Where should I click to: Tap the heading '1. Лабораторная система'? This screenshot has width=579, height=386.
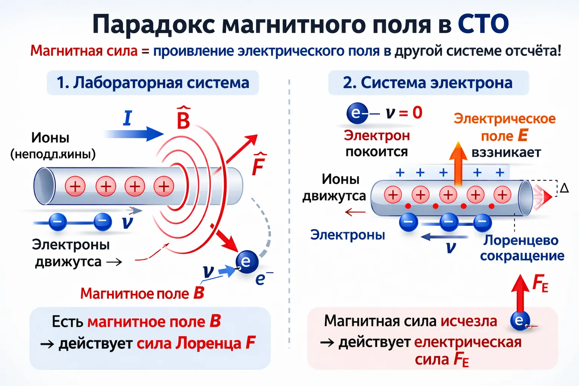tap(153, 83)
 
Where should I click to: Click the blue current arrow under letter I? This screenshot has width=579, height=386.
tap(134, 134)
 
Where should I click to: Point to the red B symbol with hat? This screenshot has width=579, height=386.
tap(183, 119)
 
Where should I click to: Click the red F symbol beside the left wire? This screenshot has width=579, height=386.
tap(259, 164)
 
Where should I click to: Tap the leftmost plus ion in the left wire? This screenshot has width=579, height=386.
tap(75, 186)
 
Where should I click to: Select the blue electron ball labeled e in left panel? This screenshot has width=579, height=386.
tap(247, 261)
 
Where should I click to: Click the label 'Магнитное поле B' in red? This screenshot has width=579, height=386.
tap(142, 293)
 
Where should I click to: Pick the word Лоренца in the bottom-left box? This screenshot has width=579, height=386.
tap(209, 343)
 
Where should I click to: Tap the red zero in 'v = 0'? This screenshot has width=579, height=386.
tap(417, 112)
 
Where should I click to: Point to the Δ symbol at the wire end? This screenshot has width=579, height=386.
tap(564, 188)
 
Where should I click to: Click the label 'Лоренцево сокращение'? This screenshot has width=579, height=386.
tap(522, 248)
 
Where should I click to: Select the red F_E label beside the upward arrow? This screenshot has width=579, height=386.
tap(540, 283)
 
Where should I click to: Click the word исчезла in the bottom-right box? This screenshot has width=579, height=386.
tap(469, 321)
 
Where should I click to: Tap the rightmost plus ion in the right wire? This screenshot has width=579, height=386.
tap(502, 195)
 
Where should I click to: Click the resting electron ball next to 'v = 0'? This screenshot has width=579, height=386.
tap(357, 113)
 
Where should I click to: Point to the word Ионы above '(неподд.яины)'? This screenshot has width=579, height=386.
tap(50, 138)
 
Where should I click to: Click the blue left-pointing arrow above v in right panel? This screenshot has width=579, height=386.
tap(444, 237)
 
